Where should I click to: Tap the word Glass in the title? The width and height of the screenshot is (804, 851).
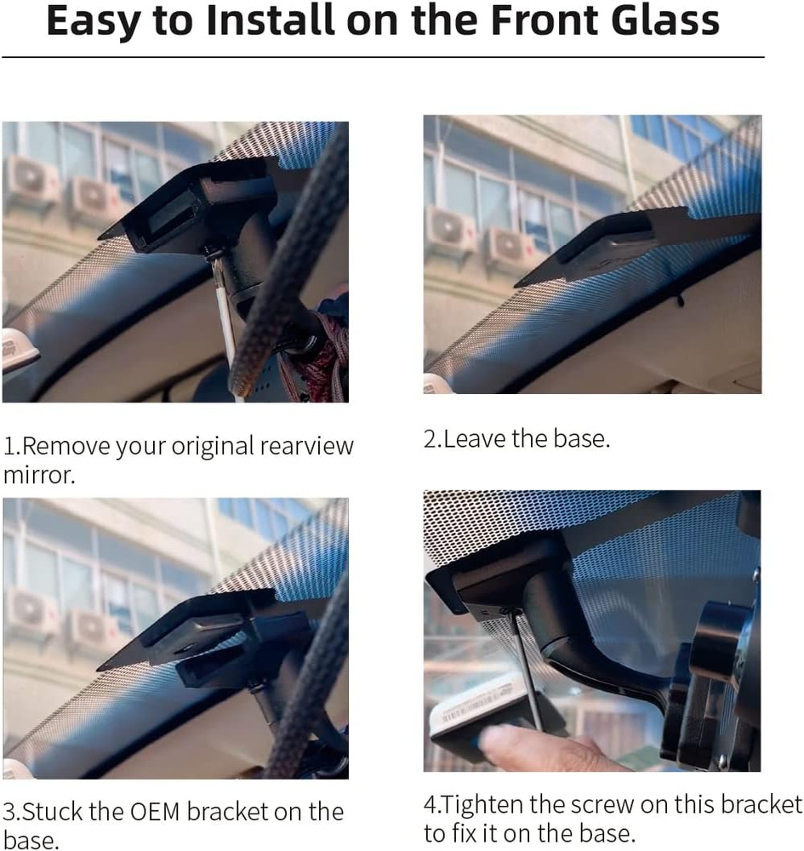point(665,20)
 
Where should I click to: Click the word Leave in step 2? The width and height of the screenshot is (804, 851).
point(475,438)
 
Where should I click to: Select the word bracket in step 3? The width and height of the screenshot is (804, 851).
point(227,811)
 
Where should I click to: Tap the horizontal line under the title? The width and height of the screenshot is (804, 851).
point(383,57)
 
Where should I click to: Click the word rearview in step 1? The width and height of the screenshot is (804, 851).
point(307,447)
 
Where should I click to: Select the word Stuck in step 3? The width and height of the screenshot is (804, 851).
point(53,812)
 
